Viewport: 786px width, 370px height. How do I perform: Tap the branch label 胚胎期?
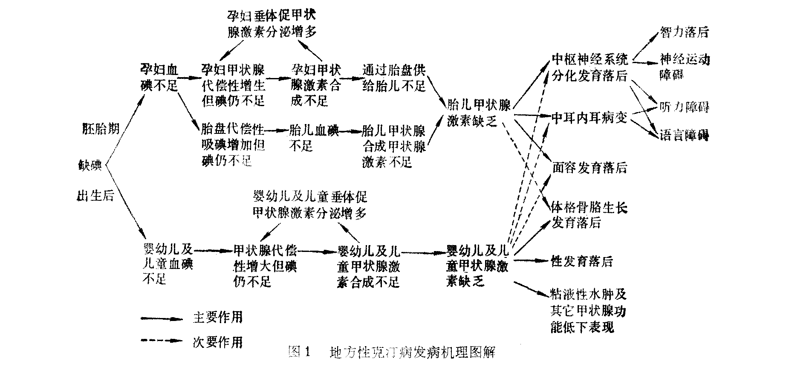(x=100, y=129)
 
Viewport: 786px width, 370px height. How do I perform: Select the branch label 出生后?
(x=95, y=197)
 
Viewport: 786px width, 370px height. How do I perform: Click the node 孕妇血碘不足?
(x=159, y=77)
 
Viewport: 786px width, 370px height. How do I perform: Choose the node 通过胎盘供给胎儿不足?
(x=394, y=78)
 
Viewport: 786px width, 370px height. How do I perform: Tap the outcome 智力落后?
(x=684, y=32)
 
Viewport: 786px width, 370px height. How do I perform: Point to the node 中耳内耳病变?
(x=589, y=118)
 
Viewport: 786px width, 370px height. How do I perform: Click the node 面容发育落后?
(x=589, y=168)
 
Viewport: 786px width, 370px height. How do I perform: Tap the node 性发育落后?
(x=582, y=261)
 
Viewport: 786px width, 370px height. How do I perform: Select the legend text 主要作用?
(x=218, y=317)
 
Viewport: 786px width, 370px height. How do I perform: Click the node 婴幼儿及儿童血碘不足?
(x=167, y=263)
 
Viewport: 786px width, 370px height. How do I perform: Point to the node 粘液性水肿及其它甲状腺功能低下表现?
(x=588, y=311)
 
